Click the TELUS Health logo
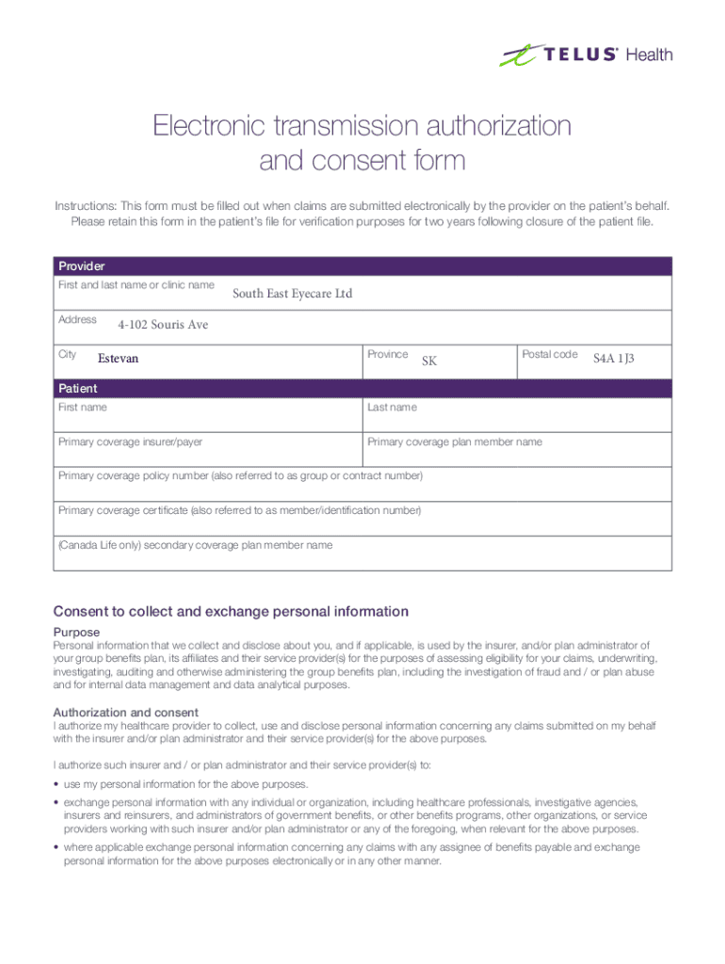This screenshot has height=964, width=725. (586, 55)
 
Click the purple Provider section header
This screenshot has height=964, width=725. (362, 266)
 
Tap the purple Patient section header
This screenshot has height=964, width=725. (362, 388)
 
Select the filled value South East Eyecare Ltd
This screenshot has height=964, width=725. (292, 295)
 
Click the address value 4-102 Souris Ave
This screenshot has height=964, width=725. (163, 325)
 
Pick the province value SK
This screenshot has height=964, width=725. (429, 361)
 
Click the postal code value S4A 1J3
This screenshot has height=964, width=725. (614, 359)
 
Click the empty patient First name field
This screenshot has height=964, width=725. (209, 419)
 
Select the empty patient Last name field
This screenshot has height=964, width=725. (517, 419)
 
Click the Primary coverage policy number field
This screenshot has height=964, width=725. (362, 488)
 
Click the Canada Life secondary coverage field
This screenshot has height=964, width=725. (362, 556)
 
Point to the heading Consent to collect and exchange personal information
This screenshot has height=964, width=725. (231, 612)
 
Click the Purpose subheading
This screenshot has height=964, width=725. (76, 632)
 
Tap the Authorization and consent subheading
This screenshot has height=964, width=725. (125, 713)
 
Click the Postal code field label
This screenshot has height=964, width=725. (550, 354)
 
